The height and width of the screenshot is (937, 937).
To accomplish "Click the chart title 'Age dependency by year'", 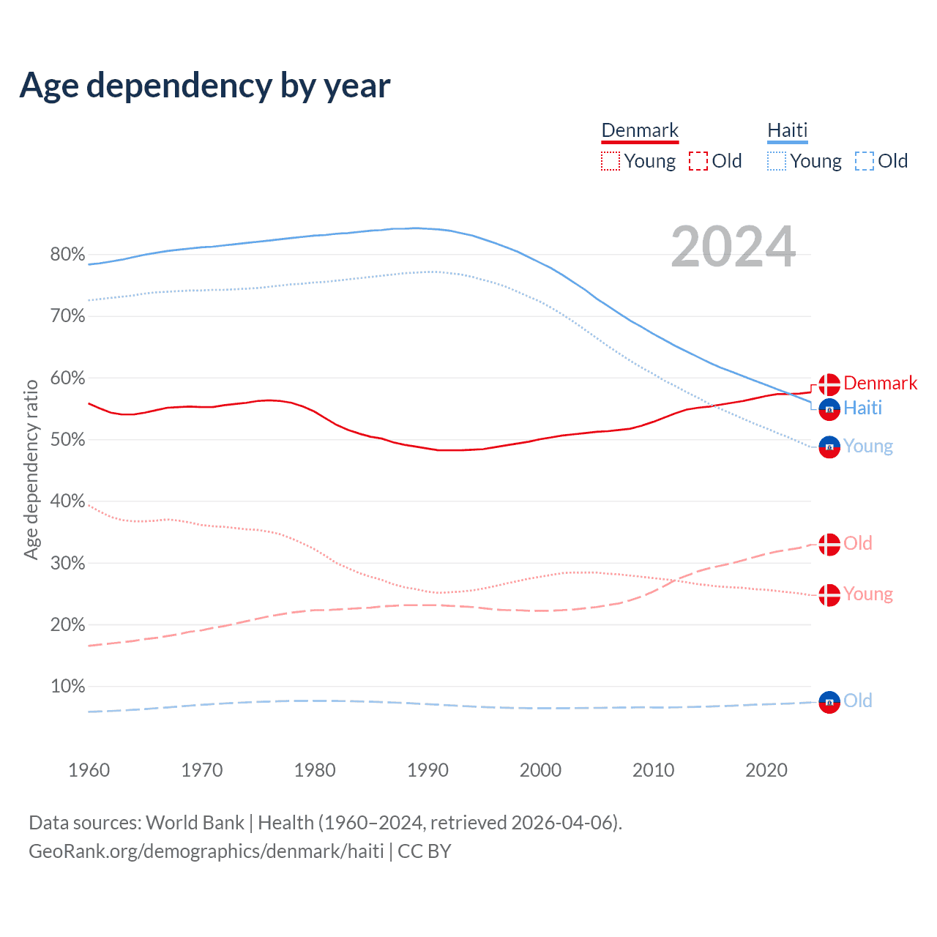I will tap(205, 86).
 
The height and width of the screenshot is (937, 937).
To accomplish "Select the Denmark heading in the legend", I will tap(640, 130).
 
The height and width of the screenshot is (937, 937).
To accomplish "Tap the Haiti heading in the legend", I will tap(787, 130).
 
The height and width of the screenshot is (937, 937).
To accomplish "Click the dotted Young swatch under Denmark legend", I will tap(610, 161).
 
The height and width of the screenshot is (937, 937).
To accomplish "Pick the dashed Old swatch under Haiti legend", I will tap(864, 161).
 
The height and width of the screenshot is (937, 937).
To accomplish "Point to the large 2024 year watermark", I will tap(733, 247).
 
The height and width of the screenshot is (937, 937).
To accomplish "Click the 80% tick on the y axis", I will tap(67, 255).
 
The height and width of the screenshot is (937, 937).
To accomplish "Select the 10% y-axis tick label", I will tap(67, 687).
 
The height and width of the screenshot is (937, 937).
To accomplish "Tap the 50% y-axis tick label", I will tap(67, 440).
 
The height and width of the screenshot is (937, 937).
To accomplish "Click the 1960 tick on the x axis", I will tap(89, 770).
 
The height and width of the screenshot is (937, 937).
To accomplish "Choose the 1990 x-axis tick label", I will tap(428, 770).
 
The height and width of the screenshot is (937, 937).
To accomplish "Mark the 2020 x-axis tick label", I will tap(766, 770).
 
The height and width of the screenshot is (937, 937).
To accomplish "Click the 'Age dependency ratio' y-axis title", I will tap(31, 469).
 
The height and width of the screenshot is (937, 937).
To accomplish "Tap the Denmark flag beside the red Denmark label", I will tap(829, 384).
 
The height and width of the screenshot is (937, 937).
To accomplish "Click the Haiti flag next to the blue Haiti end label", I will tap(829, 409).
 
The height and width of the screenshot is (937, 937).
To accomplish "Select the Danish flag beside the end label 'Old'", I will tap(829, 545).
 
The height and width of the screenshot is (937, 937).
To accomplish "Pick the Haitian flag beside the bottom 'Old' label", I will tap(829, 702).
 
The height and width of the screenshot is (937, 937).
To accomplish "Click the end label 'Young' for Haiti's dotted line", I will tap(867, 446).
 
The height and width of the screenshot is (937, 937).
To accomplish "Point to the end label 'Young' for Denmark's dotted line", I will tap(867, 594).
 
